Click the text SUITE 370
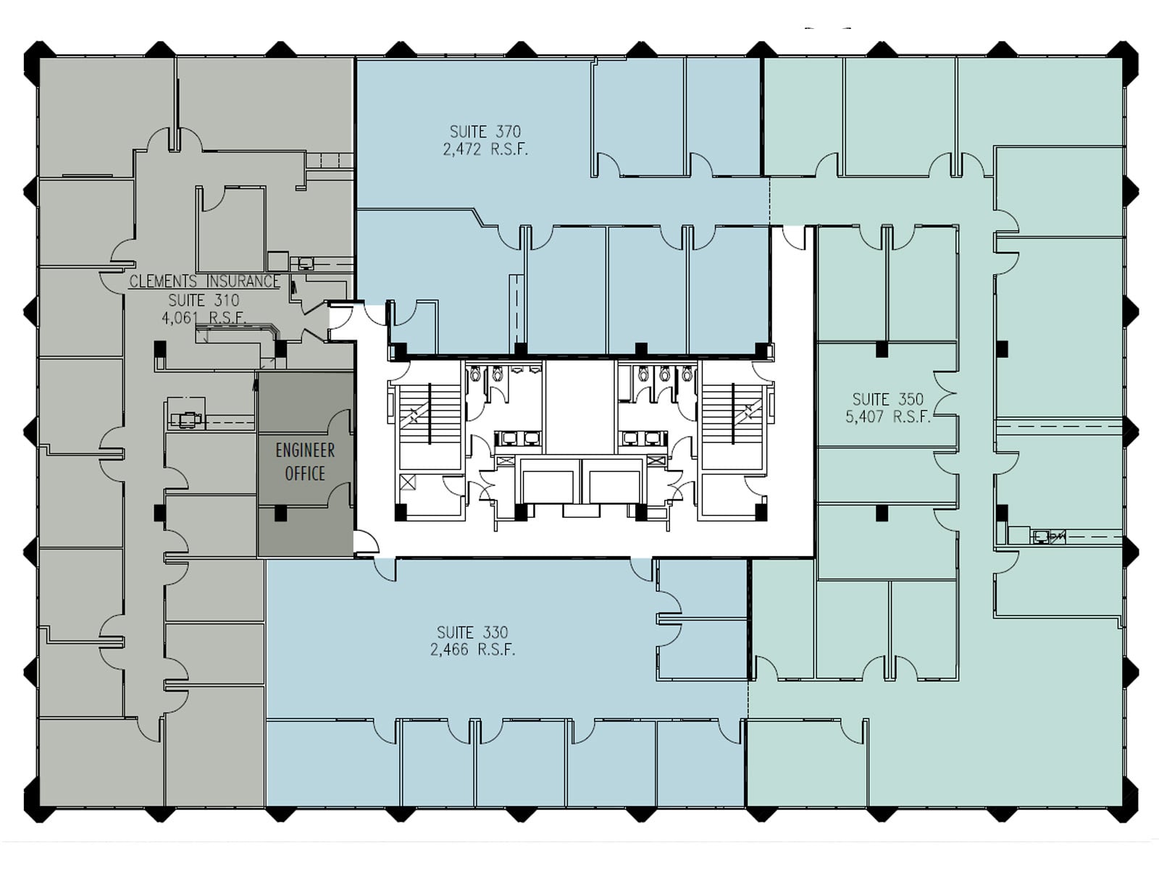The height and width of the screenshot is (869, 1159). (x=485, y=132)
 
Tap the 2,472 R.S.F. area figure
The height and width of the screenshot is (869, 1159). (x=485, y=150)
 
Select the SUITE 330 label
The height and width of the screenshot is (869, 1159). (x=472, y=632)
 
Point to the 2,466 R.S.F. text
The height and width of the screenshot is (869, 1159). (x=472, y=650)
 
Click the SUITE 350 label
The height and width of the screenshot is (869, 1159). (x=887, y=399)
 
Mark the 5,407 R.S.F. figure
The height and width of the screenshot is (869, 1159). (x=887, y=417)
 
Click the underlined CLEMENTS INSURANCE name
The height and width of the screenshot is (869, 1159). (x=204, y=282)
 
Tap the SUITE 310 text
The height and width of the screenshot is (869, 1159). (x=204, y=300)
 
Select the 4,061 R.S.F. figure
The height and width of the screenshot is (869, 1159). (x=204, y=317)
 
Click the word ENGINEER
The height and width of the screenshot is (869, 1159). (x=305, y=450)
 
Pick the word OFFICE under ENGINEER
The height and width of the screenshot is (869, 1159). (x=305, y=474)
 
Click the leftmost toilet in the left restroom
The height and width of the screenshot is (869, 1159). (x=475, y=374)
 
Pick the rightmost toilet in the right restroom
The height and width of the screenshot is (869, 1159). (x=687, y=374)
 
